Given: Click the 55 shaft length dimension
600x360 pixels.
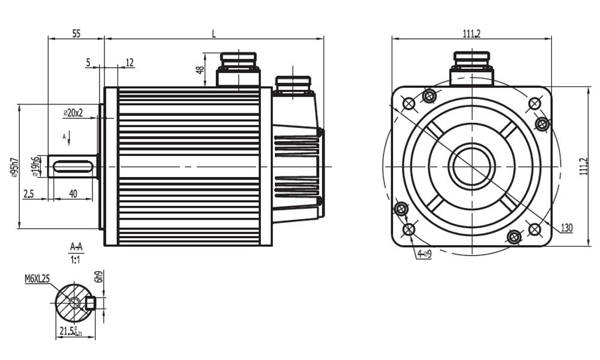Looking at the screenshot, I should coord(76,34).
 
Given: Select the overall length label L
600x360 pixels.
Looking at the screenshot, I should coord(214,34).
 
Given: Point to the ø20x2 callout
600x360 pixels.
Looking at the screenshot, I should coord(73,112).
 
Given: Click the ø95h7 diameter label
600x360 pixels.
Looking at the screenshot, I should coord(14,167).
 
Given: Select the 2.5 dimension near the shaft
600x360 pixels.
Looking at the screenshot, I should coord(28,193).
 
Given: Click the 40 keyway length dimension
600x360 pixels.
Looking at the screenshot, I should coord(73,193).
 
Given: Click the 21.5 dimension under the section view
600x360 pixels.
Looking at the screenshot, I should coord(68,331).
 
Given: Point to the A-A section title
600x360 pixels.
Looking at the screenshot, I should coord(76,247).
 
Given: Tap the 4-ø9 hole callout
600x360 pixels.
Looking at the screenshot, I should coord(424,254).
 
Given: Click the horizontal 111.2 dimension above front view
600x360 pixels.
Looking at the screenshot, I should coord(471,34).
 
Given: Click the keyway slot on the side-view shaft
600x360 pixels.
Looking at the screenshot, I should coord(73,166).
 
